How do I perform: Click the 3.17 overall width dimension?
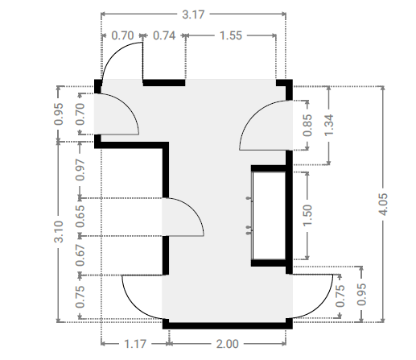pyautogui.click(x=193, y=14)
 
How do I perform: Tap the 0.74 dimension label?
pyautogui.click(x=164, y=35)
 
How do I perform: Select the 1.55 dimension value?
pyautogui.click(x=231, y=35)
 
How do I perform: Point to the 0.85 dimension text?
pyautogui.click(x=307, y=125)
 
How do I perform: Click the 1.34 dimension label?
pyautogui.click(x=329, y=125)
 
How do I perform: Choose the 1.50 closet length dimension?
pyautogui.click(x=307, y=215)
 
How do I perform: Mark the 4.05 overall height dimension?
pyautogui.click(x=383, y=204)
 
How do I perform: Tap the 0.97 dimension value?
pyautogui.click(x=80, y=170)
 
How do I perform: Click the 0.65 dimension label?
pyautogui.click(x=80, y=217)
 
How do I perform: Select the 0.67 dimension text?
pyautogui.click(x=80, y=255)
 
